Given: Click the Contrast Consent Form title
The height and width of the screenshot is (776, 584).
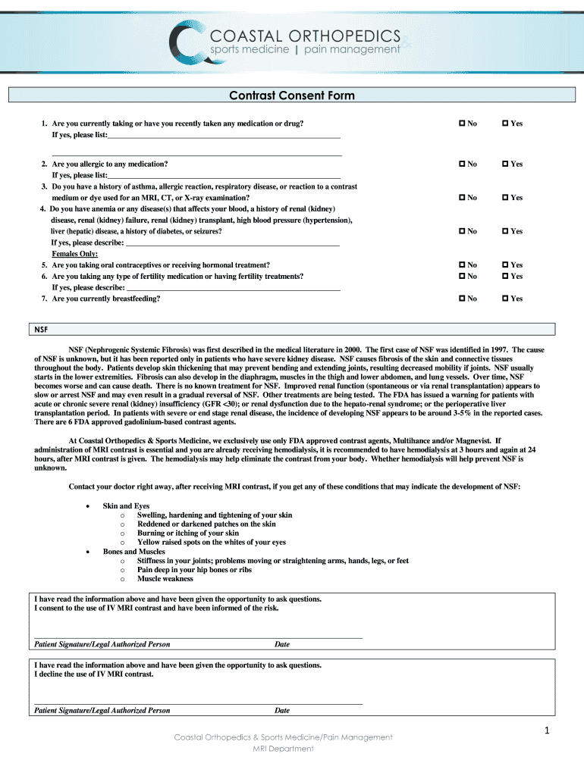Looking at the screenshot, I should pyautogui.click(x=292, y=95).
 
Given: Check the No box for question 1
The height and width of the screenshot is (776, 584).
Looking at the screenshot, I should pyautogui.click(x=461, y=124).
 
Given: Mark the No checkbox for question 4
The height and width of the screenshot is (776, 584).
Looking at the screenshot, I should pyautogui.click(x=461, y=231).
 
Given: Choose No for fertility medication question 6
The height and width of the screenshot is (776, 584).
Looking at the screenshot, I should pyautogui.click(x=461, y=277).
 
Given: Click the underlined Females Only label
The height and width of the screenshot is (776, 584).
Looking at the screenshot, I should pyautogui.click(x=74, y=254).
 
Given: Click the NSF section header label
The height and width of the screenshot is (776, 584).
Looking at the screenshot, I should pyautogui.click(x=42, y=330).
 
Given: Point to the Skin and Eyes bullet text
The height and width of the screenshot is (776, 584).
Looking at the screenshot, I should pyautogui.click(x=126, y=506).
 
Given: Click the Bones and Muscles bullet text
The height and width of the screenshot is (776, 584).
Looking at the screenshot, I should pyautogui.click(x=133, y=552).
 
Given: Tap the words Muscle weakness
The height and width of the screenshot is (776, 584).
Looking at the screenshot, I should pyautogui.click(x=165, y=579).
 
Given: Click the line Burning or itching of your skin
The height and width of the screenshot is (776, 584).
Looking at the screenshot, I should pyautogui.click(x=187, y=533).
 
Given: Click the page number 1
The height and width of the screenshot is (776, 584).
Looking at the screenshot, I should pyautogui.click(x=545, y=731).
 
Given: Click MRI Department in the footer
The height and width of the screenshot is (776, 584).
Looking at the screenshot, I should pyautogui.click(x=283, y=749).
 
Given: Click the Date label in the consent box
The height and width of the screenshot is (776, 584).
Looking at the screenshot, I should pyautogui.click(x=282, y=644).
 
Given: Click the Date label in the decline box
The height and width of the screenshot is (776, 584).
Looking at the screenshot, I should pyautogui.click(x=282, y=711).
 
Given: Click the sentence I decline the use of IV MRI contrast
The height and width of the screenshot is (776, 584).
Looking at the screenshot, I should pyautogui.click(x=94, y=674).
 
